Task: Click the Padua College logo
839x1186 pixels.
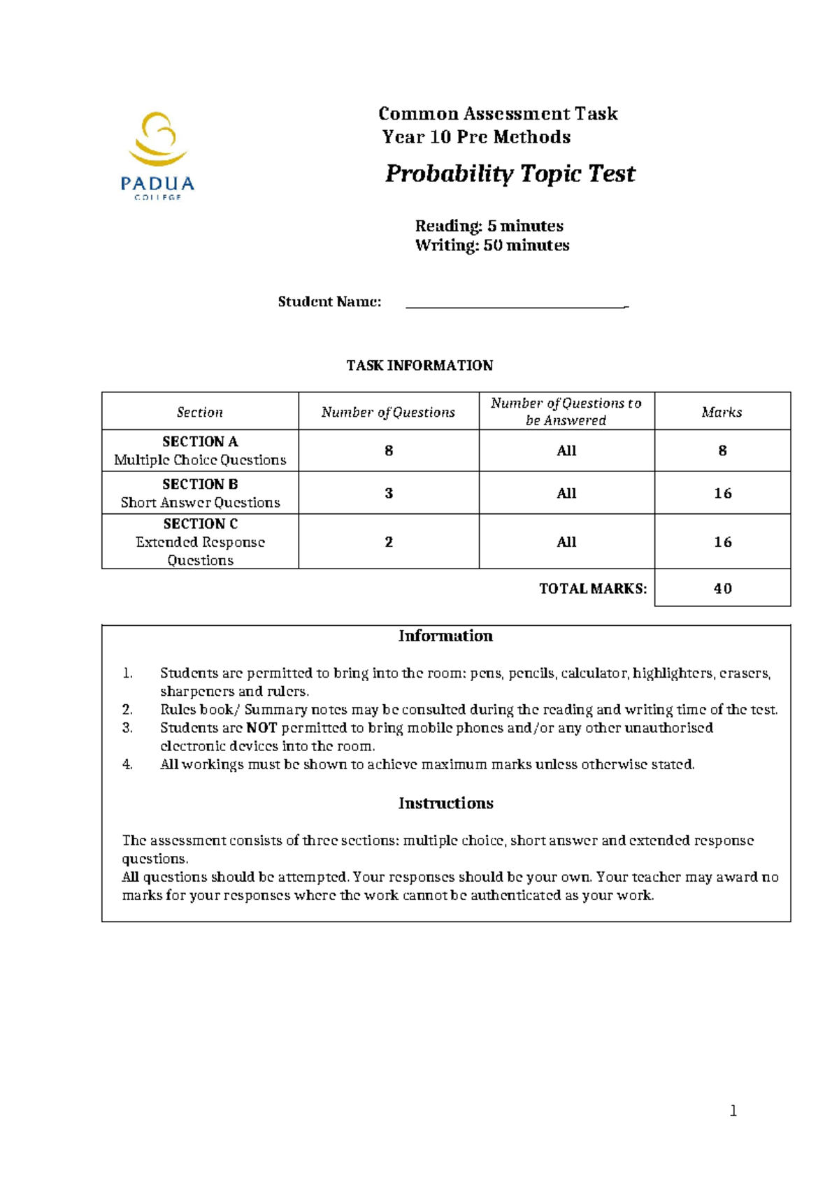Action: tap(157, 155)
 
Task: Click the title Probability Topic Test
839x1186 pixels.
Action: tap(510, 173)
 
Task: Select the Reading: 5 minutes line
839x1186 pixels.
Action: tap(489, 226)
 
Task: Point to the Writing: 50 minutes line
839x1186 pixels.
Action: tap(492, 245)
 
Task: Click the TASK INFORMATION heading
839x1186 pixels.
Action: tap(419, 365)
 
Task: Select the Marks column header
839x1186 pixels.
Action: tap(722, 412)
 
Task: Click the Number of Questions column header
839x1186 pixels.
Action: tap(388, 413)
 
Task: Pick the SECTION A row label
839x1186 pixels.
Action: tap(200, 442)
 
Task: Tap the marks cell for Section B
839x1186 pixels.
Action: tap(722, 493)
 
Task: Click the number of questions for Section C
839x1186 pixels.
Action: tap(389, 542)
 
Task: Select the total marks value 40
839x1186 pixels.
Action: tap(722, 588)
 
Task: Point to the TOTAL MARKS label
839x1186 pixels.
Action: tap(593, 589)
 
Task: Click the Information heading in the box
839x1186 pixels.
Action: tap(445, 636)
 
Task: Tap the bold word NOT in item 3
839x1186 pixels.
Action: tap(261, 728)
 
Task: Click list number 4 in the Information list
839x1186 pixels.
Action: tap(127, 764)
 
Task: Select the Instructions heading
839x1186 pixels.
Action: tap(445, 803)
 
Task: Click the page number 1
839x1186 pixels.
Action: tap(733, 1110)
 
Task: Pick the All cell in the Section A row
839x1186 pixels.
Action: tap(566, 451)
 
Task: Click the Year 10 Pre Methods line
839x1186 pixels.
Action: tap(476, 137)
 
